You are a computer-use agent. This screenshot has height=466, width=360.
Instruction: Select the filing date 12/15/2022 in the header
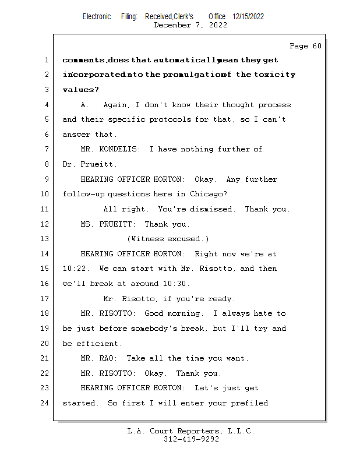[x=248, y=17]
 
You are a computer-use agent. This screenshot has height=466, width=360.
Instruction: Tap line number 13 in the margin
[x=45, y=239]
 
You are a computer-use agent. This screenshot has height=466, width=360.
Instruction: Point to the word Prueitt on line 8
[x=92, y=164]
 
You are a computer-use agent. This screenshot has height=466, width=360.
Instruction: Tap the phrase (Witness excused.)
[x=168, y=239]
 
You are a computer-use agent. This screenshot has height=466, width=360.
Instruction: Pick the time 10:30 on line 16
[x=175, y=284]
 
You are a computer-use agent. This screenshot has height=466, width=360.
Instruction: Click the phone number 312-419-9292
[x=191, y=439]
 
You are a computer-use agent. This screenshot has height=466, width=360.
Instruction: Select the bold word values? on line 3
[x=80, y=90]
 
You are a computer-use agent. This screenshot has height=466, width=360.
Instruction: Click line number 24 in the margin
[x=45, y=403]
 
